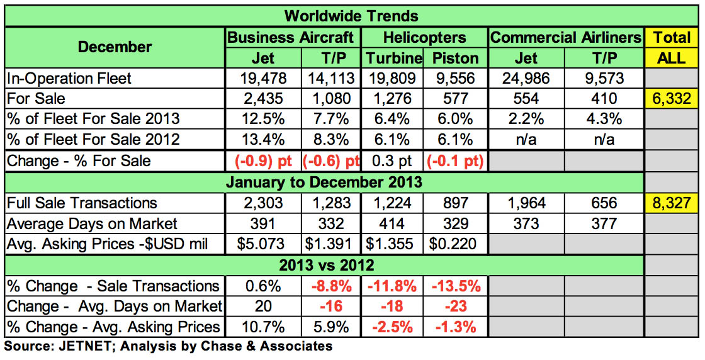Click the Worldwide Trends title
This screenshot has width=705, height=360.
351,15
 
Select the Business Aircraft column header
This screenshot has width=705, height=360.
294,37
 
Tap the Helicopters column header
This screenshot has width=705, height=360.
425,37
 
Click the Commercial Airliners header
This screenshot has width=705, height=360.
565,37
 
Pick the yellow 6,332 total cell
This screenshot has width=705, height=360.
672,99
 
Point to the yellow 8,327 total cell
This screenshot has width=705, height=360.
672,203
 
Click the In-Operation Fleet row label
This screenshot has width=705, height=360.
69,78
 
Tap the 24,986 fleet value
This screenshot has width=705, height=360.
526,78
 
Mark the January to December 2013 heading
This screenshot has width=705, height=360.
324,183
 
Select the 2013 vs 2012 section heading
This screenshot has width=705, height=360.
324,264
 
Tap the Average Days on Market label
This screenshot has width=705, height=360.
92,223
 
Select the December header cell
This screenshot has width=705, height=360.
115,47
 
